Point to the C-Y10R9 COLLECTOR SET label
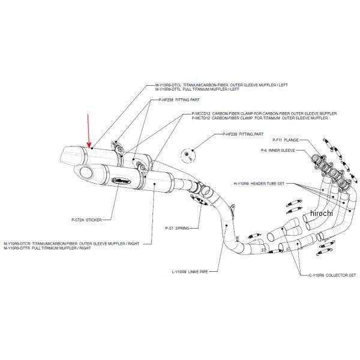click(322, 274)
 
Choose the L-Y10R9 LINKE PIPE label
click(189, 271)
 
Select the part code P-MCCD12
click(202, 113)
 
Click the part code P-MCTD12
click(202, 118)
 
